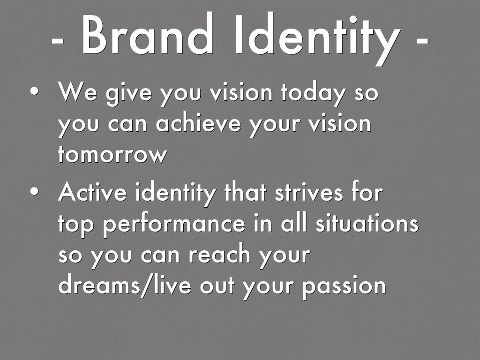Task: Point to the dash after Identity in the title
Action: (x=422, y=40)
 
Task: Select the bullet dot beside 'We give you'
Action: (x=35, y=91)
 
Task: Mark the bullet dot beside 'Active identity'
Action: (x=35, y=191)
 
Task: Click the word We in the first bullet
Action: (x=77, y=91)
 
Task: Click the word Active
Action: (x=92, y=192)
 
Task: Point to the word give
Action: (x=128, y=93)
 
